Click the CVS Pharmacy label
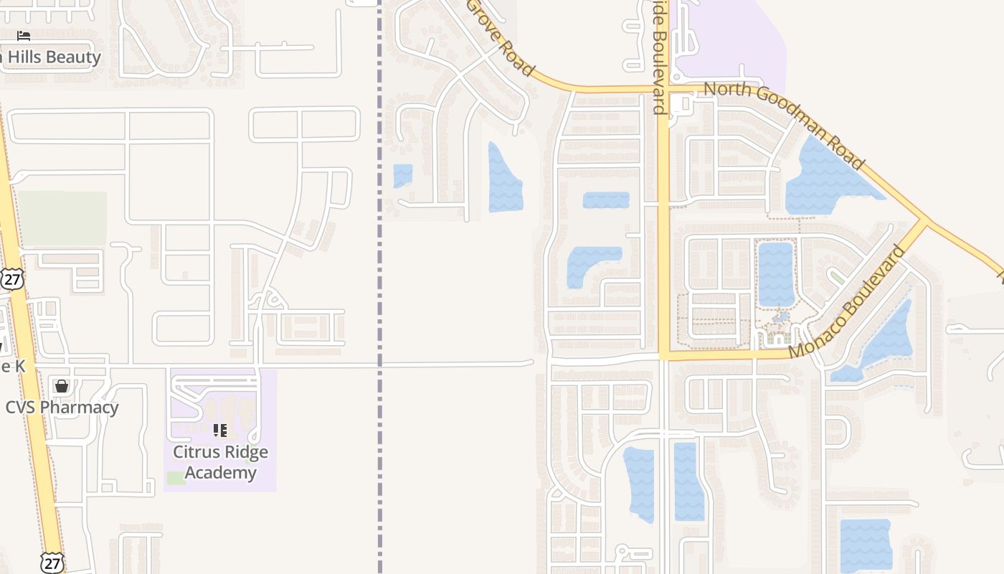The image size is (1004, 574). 62,408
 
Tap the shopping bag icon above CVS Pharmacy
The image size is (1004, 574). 62,387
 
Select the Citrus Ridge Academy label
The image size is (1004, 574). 220,462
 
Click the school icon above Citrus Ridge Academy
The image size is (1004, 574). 220,430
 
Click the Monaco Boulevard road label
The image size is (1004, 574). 847,302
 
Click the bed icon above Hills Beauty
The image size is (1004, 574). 24,36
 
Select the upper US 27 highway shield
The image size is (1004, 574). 11,279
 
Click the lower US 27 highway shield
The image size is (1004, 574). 52,563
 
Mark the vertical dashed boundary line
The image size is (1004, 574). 379,287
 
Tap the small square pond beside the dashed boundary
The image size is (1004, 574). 403,176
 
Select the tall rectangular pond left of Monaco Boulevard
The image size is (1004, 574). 776,274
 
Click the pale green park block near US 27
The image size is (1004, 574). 62,218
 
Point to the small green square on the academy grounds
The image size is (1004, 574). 176,478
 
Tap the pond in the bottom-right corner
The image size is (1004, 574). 866,545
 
